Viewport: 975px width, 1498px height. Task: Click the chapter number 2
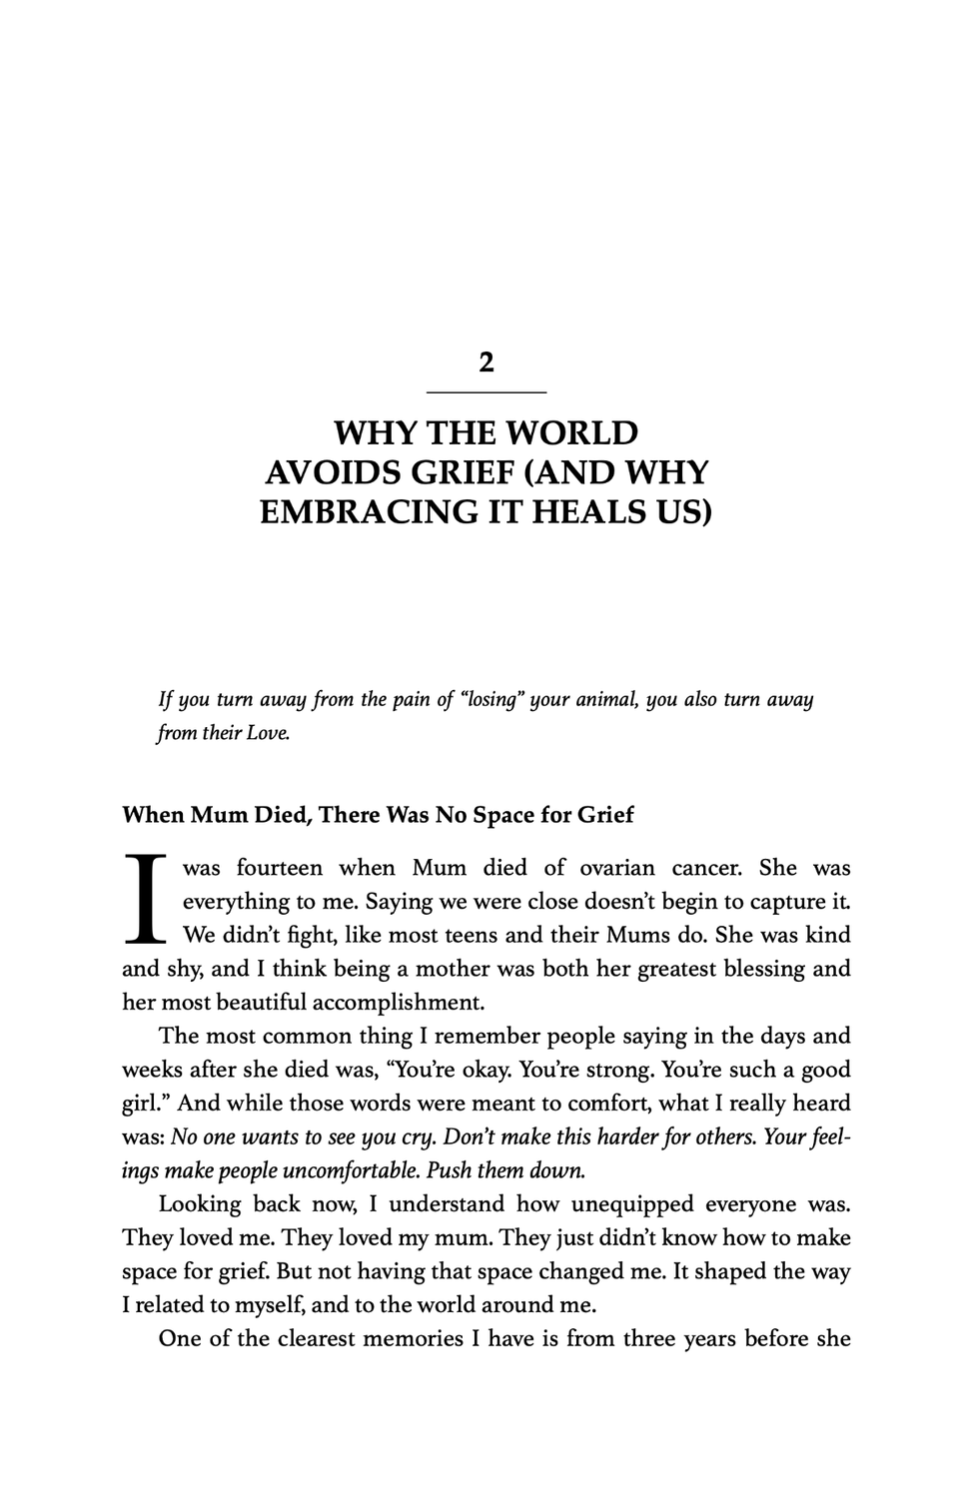click(487, 362)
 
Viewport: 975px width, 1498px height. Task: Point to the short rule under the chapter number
click(487, 391)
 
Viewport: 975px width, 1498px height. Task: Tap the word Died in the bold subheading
click(280, 815)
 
